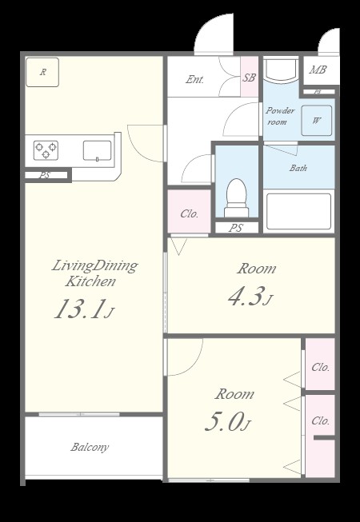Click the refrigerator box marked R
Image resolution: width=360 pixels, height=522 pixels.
click(x=42, y=72)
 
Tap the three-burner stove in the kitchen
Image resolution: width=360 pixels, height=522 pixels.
click(x=46, y=150)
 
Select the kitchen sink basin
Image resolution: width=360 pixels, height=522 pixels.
click(x=98, y=151)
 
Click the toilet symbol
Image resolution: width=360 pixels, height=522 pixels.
click(x=237, y=197)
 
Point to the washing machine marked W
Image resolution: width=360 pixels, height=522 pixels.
click(x=316, y=121)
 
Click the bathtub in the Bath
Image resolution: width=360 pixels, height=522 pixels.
click(x=298, y=211)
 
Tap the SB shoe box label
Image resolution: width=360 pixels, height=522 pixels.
click(x=249, y=78)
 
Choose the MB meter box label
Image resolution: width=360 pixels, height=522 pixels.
click(x=318, y=70)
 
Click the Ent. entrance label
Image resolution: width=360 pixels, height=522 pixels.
click(x=195, y=79)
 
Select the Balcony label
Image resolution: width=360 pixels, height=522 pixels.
click(x=90, y=447)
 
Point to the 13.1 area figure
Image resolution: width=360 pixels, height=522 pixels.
click(x=80, y=309)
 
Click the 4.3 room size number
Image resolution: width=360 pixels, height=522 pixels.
click(x=245, y=296)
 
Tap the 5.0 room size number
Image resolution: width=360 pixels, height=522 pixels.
click(x=222, y=422)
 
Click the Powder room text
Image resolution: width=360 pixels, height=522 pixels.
click(x=280, y=116)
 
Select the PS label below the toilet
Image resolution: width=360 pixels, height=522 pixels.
click(x=236, y=228)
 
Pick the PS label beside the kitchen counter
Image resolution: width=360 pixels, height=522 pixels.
click(x=45, y=175)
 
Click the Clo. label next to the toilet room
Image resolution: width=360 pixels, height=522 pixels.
click(x=190, y=213)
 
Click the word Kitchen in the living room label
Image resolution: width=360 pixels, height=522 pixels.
click(x=90, y=281)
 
